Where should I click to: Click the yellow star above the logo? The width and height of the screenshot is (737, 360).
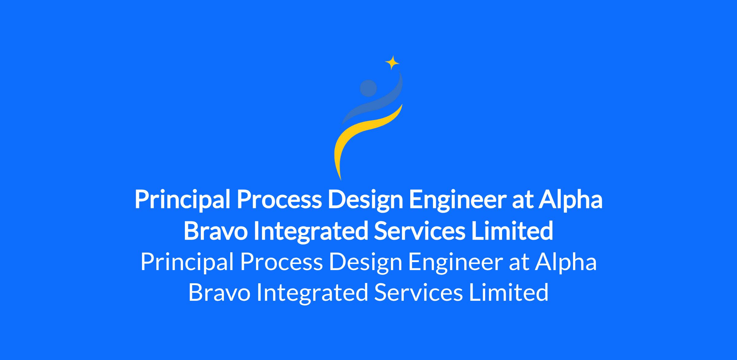click(x=392, y=63)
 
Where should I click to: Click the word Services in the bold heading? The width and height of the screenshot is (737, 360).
click(x=419, y=231)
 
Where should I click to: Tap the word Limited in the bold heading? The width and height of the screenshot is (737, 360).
click(x=512, y=230)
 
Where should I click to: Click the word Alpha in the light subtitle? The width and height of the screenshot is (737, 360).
click(x=566, y=262)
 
